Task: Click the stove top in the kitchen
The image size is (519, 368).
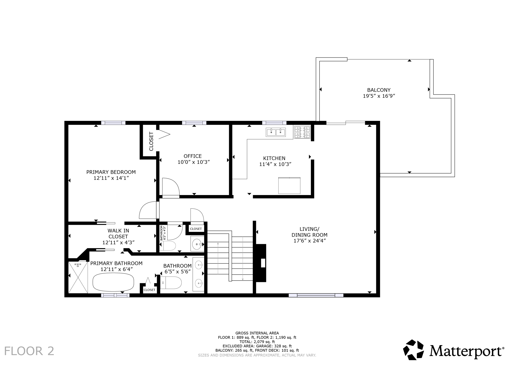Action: tap(302, 132)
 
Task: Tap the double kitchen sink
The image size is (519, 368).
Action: tap(276, 132)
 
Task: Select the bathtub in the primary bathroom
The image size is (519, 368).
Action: tap(113, 282)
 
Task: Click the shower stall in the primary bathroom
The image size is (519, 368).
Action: tap(78, 277)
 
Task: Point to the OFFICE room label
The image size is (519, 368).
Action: tap(193, 156)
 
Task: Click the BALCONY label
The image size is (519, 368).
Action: tap(379, 90)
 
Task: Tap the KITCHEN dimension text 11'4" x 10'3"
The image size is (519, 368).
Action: tap(275, 164)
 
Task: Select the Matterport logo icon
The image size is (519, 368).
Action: tap(413, 350)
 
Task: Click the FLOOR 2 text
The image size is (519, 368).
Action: tap(29, 351)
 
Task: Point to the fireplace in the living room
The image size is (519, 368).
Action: tap(261, 263)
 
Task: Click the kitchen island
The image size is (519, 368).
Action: tap(289, 186)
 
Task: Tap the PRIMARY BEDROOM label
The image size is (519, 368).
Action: tap(111, 172)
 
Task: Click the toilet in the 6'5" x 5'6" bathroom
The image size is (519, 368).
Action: tap(171, 283)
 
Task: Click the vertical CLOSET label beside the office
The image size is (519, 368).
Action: tap(151, 141)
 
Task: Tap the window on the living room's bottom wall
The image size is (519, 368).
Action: tap(316, 295)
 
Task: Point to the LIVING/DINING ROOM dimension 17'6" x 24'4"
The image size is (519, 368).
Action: tap(309, 241)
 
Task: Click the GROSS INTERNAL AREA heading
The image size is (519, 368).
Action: tap(257, 333)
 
